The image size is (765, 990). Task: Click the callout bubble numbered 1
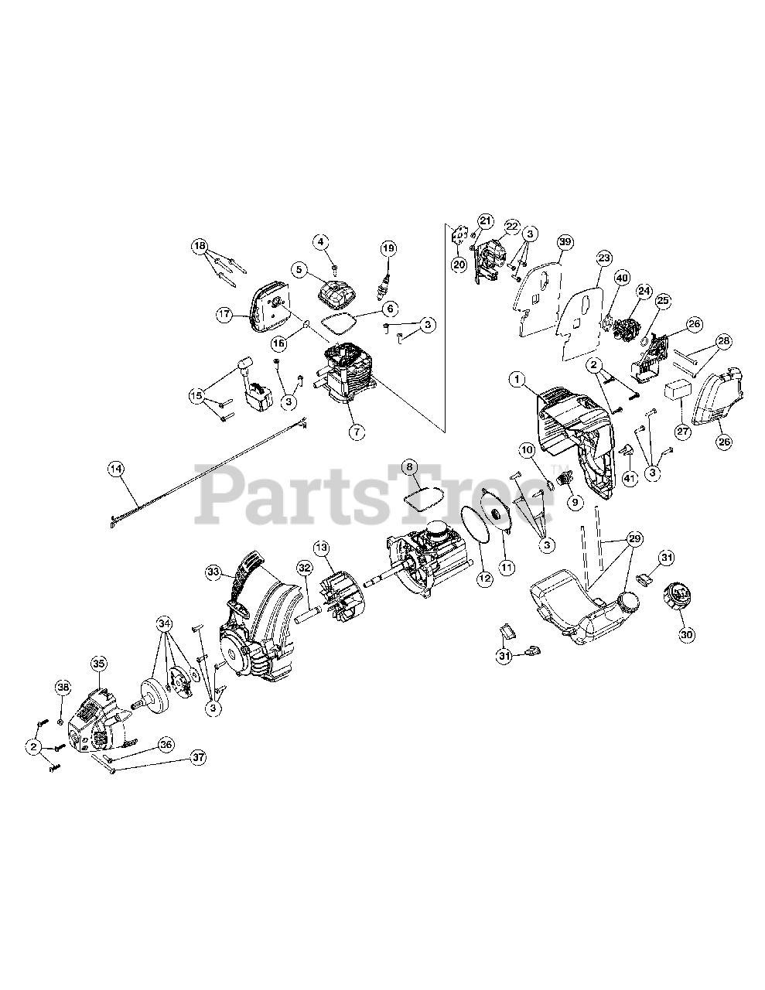tap(517, 379)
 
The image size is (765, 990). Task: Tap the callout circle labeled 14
tap(115, 468)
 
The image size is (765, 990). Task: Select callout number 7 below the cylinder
tap(356, 432)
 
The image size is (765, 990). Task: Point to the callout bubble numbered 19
tap(388, 247)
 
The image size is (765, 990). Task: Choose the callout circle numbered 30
tap(686, 634)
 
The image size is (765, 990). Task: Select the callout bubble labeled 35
tap(98, 663)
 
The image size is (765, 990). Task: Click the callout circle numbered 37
tap(199, 758)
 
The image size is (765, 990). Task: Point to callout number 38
tap(63, 687)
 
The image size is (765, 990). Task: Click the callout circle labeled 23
tap(604, 258)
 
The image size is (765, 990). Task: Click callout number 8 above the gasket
tap(410, 466)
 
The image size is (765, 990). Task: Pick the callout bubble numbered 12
tap(483, 576)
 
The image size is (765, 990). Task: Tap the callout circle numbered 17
tap(224, 314)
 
